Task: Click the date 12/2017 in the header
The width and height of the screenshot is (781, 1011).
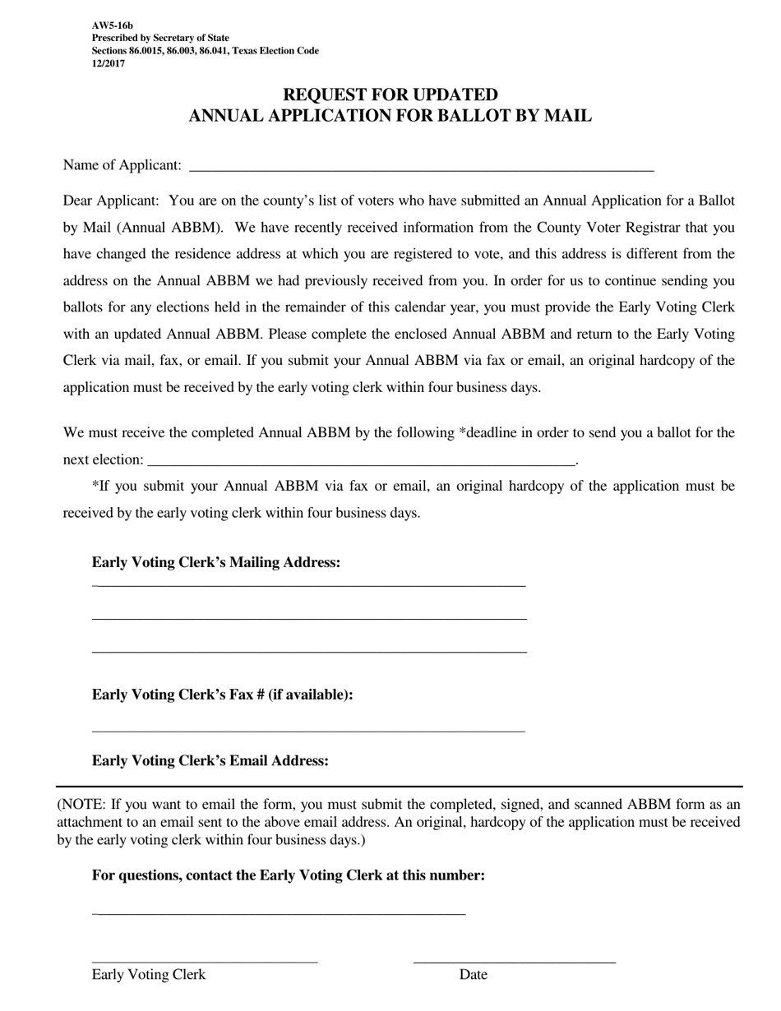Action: point(109,63)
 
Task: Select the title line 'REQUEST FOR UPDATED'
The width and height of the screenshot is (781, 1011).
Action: point(390,95)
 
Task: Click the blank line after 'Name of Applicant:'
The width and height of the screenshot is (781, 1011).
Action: point(421,168)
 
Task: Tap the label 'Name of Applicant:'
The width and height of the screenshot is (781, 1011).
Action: point(122,165)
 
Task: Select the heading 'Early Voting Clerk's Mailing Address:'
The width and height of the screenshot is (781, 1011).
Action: point(216,562)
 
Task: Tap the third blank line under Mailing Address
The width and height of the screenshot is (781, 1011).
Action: point(308,652)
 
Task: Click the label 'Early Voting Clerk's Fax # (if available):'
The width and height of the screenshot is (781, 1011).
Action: point(222,695)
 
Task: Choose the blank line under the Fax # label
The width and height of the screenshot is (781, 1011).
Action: point(308,730)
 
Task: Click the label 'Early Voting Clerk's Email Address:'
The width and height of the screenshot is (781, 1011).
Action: point(210,760)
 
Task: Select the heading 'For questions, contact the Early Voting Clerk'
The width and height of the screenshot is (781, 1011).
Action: point(288,875)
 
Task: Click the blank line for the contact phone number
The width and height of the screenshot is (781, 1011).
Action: point(280,913)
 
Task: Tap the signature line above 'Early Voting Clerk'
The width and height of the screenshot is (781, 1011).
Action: point(204,961)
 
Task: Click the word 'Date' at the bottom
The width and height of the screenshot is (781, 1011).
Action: point(473,975)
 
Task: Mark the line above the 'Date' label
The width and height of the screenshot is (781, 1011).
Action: point(514,961)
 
